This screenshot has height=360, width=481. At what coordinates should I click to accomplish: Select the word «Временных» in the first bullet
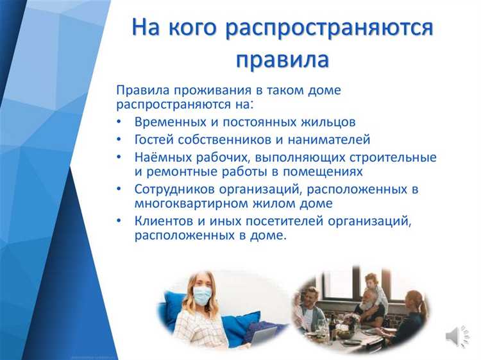tap(167, 121)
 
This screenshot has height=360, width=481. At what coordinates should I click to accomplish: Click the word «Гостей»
tap(155, 139)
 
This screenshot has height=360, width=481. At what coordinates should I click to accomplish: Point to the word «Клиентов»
tap(163, 221)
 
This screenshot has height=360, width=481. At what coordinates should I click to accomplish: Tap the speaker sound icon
tap(453, 336)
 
